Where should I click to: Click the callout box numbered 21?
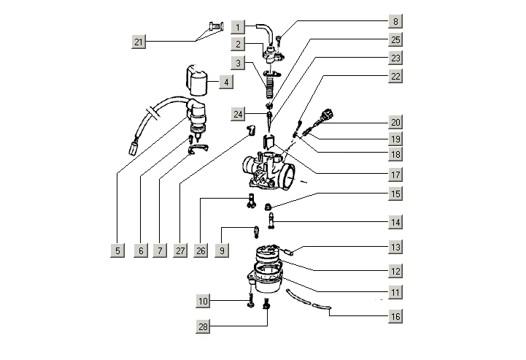[139, 42]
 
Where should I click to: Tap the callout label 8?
[395, 22]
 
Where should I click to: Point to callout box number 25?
[395, 39]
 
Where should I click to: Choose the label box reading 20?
[395, 122]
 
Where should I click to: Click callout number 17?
[395, 175]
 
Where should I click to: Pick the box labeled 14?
[395, 221]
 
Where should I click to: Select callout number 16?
[395, 316]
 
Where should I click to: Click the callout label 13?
[395, 248]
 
